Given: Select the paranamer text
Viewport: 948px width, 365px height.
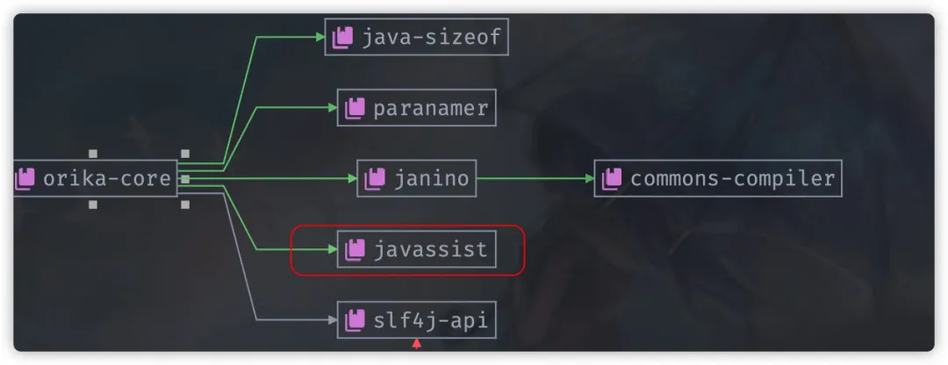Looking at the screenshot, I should (x=430, y=108).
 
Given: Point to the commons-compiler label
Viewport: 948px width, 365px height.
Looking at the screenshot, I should (x=732, y=179).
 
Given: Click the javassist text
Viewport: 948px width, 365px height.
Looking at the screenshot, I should (x=430, y=250).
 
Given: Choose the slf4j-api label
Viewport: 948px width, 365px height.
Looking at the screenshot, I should (x=430, y=320).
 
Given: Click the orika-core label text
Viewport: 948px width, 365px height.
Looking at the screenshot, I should (x=107, y=179).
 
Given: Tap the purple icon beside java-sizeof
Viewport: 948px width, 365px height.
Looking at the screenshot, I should (x=342, y=37).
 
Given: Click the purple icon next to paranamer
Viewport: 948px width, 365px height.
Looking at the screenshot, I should (x=355, y=108).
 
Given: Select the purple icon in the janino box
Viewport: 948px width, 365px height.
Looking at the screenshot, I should (x=374, y=179).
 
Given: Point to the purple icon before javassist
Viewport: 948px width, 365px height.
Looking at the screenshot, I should (x=355, y=250).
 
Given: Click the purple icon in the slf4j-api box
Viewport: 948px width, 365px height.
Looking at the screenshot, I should (x=355, y=320).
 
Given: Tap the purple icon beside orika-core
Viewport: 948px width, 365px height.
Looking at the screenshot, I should (x=25, y=179).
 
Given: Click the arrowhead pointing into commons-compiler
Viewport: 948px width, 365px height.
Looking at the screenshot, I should (x=589, y=179).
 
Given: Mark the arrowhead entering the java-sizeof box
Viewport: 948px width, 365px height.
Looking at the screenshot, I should (x=320, y=37).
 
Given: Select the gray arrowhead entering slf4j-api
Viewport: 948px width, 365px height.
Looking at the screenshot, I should (x=333, y=320).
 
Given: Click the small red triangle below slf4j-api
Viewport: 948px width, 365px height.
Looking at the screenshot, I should (x=417, y=344).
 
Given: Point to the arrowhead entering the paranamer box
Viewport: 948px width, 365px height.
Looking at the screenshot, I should (x=333, y=108).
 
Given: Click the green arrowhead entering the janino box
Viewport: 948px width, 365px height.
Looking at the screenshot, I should (x=352, y=179).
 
